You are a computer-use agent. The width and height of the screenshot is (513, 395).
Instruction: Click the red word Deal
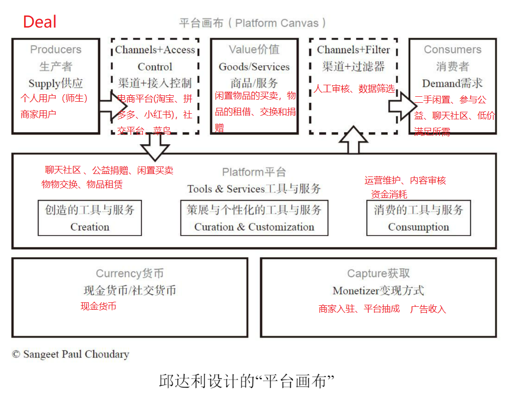[x=40, y=22]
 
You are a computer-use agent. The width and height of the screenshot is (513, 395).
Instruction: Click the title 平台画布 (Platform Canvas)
[x=253, y=23]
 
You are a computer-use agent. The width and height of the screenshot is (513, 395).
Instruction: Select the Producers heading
[x=56, y=50]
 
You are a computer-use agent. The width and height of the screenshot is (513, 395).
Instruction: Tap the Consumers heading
[x=452, y=50]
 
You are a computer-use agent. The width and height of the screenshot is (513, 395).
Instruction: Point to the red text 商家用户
[x=39, y=114]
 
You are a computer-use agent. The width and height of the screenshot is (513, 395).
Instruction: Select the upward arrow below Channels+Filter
[x=354, y=140]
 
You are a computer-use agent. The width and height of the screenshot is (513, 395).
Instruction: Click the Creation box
[x=90, y=218]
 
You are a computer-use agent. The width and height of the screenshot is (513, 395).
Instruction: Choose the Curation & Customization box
[x=254, y=218]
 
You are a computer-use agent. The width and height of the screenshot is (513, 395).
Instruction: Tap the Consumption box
[x=418, y=218]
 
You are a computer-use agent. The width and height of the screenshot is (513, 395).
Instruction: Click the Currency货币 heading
[x=130, y=274]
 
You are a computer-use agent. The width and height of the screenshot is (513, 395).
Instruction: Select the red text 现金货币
[x=99, y=306]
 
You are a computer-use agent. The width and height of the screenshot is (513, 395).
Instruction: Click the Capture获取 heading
[x=378, y=274]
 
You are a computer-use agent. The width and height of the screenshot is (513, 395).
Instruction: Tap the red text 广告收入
[x=428, y=309]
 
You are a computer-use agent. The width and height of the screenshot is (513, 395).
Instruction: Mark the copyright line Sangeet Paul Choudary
[x=71, y=354]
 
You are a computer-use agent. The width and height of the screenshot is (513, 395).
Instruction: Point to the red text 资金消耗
[x=389, y=194]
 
